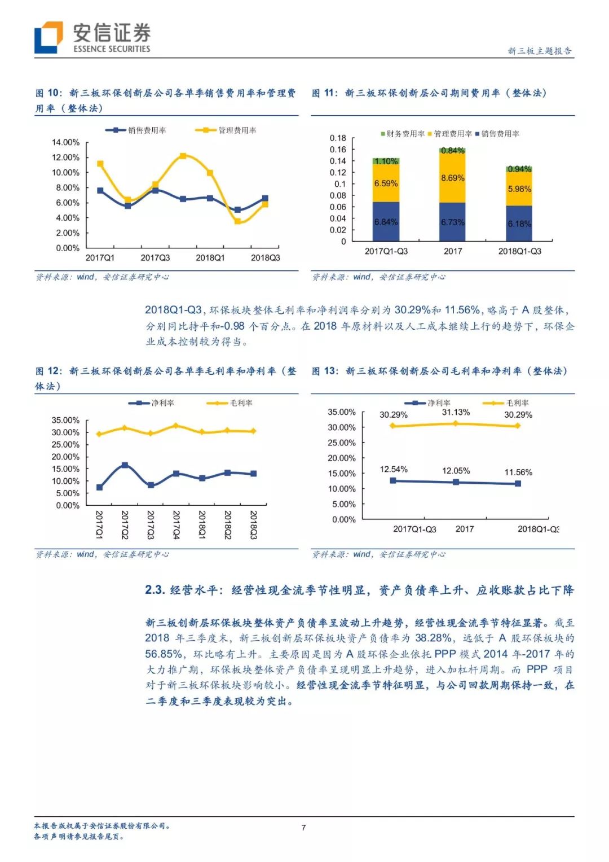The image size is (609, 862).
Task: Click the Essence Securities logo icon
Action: point(48,38)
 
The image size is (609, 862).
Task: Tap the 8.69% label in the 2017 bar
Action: point(453,178)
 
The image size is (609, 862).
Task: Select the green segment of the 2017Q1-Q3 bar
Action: point(386,161)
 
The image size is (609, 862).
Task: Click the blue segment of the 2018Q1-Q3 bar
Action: point(519,224)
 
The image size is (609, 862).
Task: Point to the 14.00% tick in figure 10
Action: point(65,142)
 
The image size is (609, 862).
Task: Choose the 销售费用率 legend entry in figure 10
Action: point(137,130)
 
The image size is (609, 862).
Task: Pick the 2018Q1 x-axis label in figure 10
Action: point(210,258)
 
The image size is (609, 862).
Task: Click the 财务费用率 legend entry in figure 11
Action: point(403,134)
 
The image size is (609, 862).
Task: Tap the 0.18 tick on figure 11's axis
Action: point(338,138)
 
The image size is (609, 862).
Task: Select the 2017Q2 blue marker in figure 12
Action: point(125,465)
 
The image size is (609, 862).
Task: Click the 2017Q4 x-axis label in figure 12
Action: point(176,525)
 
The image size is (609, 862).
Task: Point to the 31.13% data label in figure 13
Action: point(456,413)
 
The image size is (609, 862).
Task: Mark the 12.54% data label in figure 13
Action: point(394,469)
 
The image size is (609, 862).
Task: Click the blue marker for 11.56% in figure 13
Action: point(518,483)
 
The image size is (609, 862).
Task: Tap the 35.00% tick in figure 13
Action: point(342,412)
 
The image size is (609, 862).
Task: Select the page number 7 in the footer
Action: point(304,828)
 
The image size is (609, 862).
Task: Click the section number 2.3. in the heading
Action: point(155,590)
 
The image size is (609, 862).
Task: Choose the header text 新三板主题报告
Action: point(540,51)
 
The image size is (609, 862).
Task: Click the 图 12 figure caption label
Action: point(48,371)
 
